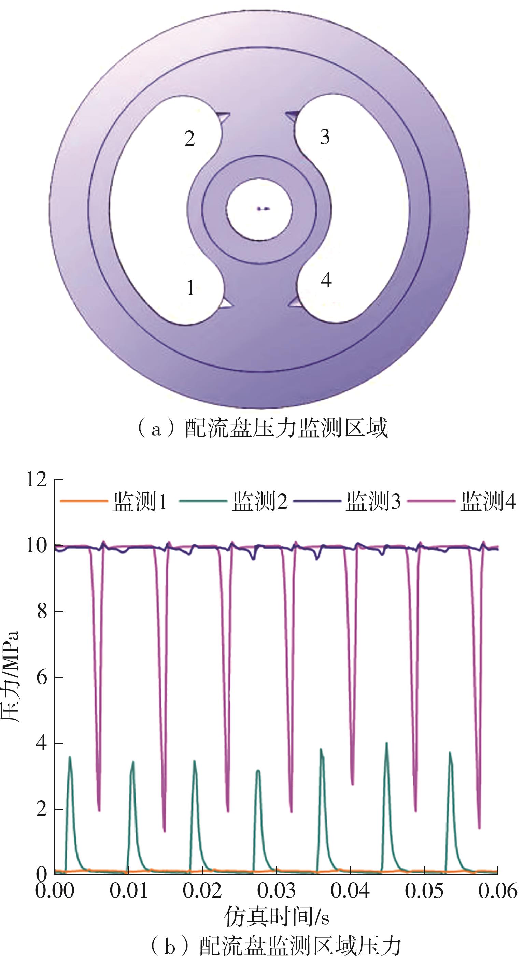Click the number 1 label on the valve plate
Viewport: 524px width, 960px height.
190,288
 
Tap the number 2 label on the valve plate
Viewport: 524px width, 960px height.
189,139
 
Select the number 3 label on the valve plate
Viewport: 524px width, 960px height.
325,137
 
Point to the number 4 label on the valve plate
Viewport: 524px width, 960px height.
326,280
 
